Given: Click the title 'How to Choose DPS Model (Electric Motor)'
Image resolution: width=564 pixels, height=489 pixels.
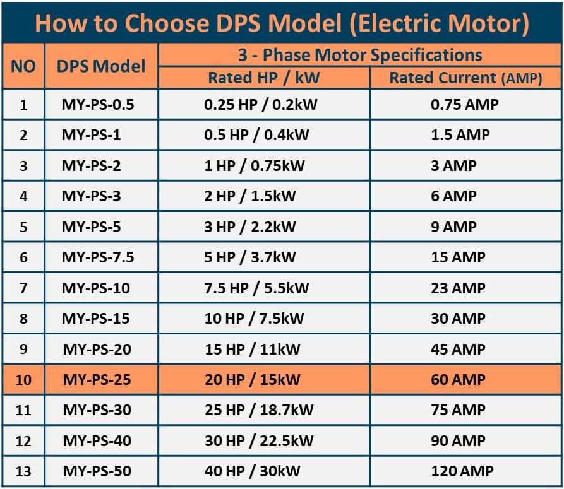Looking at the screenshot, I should pyautogui.click(x=282, y=23).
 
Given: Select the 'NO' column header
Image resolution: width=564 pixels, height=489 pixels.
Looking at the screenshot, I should pyautogui.click(x=23, y=66).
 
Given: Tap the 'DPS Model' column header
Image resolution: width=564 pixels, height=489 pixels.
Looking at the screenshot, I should pyautogui.click(x=101, y=66).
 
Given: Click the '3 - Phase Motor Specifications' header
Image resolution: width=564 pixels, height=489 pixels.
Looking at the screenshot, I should pyautogui.click(x=359, y=55).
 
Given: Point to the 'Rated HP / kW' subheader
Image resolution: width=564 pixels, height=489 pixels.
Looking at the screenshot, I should pyautogui.click(x=264, y=78).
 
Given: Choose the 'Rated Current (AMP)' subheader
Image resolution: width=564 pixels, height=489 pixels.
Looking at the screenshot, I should pyautogui.click(x=465, y=78).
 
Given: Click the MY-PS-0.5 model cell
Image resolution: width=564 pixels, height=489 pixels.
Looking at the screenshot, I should pyautogui.click(x=98, y=104).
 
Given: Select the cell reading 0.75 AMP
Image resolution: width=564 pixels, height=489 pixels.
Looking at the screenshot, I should pyautogui.click(x=464, y=104).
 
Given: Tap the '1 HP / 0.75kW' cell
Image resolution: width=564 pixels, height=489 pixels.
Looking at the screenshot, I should pyautogui.click(x=254, y=166).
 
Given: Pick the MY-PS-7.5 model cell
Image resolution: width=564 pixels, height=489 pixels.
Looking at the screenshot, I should pyautogui.click(x=98, y=257).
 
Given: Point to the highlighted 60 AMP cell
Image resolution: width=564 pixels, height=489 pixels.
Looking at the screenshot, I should pyautogui.click(x=458, y=380).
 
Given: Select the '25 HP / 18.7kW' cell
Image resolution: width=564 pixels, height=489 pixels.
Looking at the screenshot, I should pyautogui.click(x=259, y=410).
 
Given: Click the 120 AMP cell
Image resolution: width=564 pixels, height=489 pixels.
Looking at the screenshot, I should pyautogui.click(x=462, y=471).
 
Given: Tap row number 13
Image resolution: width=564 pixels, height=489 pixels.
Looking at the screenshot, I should pyautogui.click(x=23, y=471).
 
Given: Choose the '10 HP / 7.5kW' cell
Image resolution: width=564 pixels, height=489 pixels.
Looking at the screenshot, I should pyautogui.click(x=254, y=319).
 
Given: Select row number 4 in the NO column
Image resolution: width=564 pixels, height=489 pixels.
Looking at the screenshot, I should pyautogui.click(x=23, y=196).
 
